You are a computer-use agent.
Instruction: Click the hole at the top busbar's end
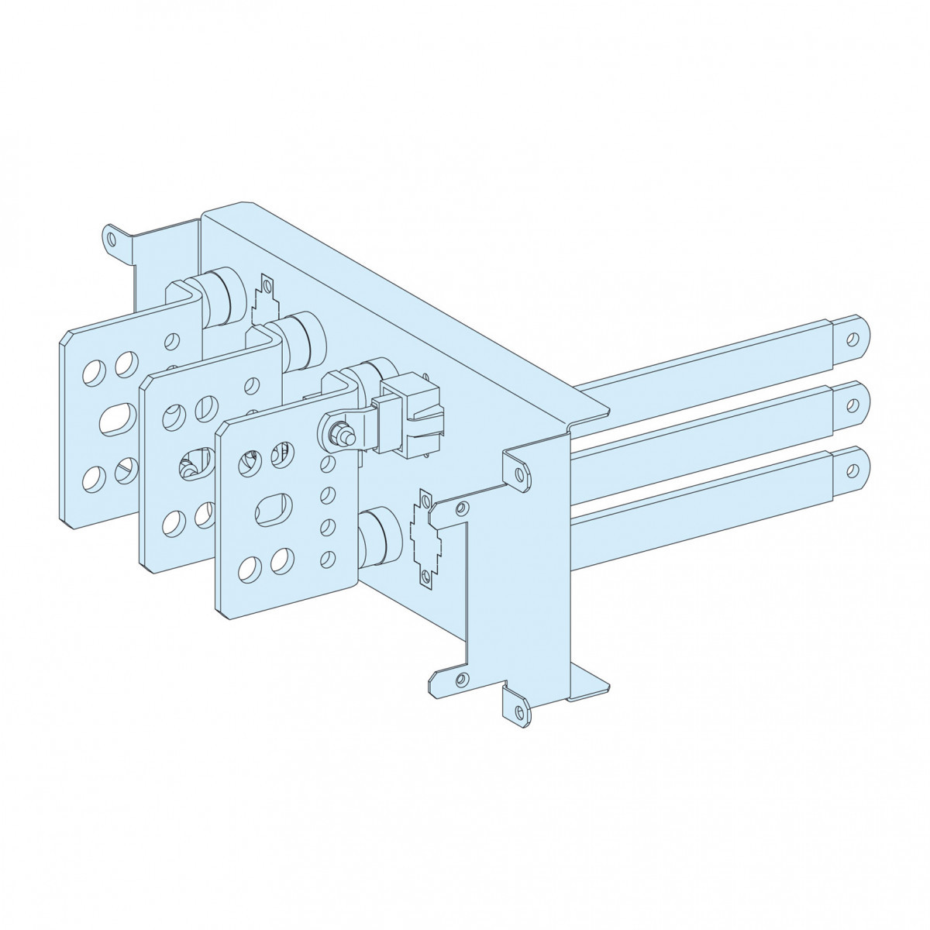pyautogui.click(x=853, y=339)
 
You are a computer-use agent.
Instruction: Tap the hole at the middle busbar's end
pyautogui.click(x=853, y=404)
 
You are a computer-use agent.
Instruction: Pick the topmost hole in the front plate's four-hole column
pyautogui.click(x=327, y=463)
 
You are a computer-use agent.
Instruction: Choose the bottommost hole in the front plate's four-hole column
pyautogui.click(x=327, y=556)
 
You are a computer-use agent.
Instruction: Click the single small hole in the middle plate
pyautogui.click(x=252, y=385)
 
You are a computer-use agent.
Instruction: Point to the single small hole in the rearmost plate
pyautogui.click(x=175, y=339)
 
